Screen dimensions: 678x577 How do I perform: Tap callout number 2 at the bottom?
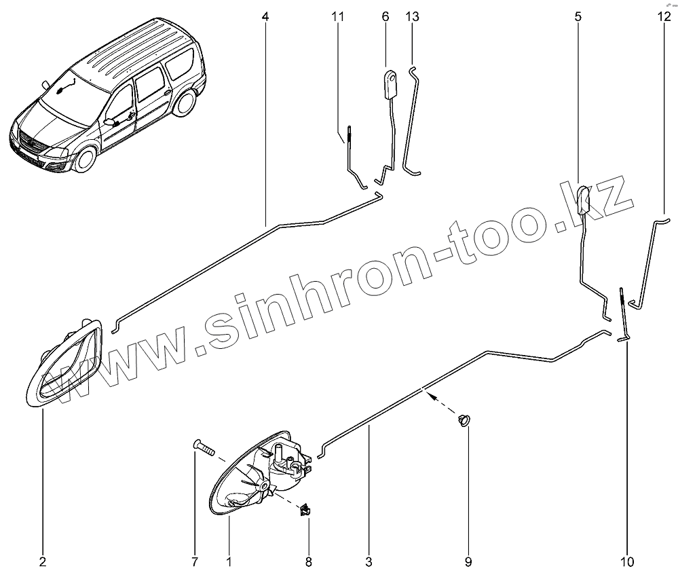(x=43, y=561)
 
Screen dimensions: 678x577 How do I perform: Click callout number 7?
(x=195, y=561)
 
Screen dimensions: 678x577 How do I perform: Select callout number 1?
(x=229, y=561)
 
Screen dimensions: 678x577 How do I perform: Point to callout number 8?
(x=309, y=561)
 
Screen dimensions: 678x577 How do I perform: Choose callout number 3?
(x=369, y=561)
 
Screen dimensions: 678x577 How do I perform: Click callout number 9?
(x=468, y=561)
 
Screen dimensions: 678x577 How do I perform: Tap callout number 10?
(x=626, y=561)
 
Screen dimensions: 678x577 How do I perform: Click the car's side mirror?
(x=109, y=122)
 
